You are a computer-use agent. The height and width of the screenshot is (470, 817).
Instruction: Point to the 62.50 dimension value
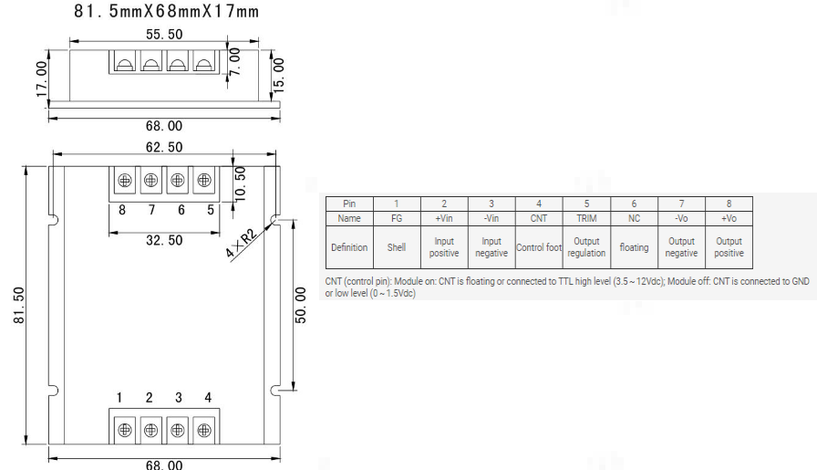point(164,147)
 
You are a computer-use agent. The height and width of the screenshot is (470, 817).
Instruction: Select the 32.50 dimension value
point(163,241)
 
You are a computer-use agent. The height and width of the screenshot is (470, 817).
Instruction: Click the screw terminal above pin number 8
point(125,181)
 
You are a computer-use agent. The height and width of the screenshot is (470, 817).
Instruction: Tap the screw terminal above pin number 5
point(204,181)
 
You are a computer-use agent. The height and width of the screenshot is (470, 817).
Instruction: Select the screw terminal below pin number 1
point(125,429)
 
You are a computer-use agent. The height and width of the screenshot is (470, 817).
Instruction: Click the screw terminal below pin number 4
point(204,429)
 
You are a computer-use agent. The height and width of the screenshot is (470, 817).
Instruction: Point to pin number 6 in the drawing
point(181,209)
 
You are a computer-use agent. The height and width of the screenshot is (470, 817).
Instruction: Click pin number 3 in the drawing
point(179,398)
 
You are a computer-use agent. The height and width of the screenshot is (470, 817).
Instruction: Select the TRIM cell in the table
point(586,219)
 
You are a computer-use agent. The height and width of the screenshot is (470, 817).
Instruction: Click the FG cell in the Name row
point(397,219)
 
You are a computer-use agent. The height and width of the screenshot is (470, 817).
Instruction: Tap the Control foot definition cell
point(539,247)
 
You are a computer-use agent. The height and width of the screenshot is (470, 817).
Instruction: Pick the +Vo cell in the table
point(729,219)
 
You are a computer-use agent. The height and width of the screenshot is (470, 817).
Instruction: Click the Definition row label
point(349,247)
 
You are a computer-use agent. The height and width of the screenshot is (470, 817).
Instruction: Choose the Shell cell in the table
point(397,247)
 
